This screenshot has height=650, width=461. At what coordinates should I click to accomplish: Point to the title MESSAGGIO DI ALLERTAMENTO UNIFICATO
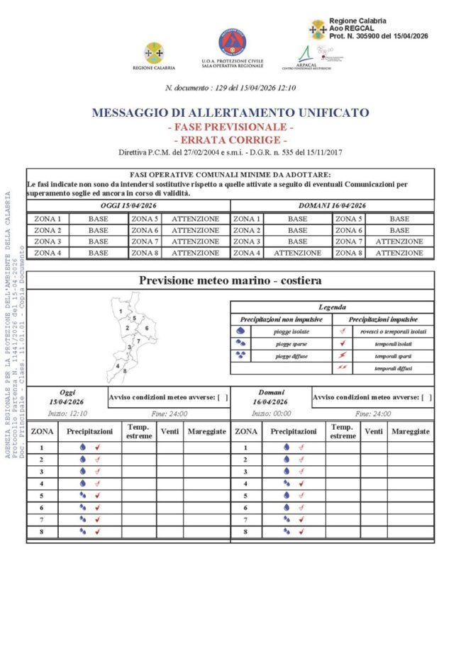(230, 113)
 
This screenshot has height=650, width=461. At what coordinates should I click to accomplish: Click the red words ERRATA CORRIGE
(230, 139)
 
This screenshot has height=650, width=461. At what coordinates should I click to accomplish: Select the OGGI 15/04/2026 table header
(128, 205)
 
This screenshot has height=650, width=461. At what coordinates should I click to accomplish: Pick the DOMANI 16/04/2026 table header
(333, 205)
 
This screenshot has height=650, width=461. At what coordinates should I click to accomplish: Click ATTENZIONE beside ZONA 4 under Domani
(297, 253)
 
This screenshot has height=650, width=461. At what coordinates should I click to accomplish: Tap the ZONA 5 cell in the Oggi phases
(145, 219)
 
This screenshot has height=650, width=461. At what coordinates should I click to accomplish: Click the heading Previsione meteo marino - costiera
(230, 280)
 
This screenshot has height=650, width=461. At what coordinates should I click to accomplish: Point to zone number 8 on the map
(125, 370)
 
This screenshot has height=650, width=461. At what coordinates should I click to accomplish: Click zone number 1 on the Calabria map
(122, 311)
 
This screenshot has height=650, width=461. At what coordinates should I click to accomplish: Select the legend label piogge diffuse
(292, 356)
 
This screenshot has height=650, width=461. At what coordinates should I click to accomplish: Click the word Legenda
(332, 307)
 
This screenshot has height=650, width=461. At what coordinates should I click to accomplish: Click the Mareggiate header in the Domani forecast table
(410, 431)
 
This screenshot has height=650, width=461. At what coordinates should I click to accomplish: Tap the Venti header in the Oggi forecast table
(170, 431)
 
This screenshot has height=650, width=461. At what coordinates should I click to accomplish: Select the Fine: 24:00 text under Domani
(372, 414)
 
